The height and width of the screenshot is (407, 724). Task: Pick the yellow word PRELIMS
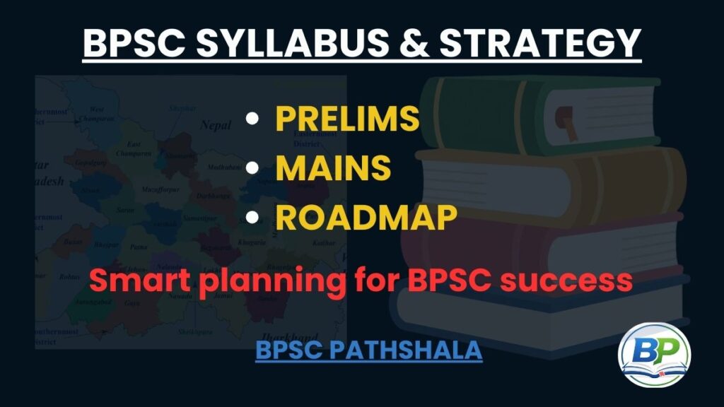347,119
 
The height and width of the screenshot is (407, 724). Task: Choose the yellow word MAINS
333,169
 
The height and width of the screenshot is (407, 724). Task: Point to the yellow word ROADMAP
366,218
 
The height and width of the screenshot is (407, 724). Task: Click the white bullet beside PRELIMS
251,119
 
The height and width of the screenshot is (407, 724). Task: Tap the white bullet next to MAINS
251,170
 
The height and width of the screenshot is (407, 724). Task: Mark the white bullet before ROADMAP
251,219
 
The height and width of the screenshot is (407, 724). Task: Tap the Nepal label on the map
215,125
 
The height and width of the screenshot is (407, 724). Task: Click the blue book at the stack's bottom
537,311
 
